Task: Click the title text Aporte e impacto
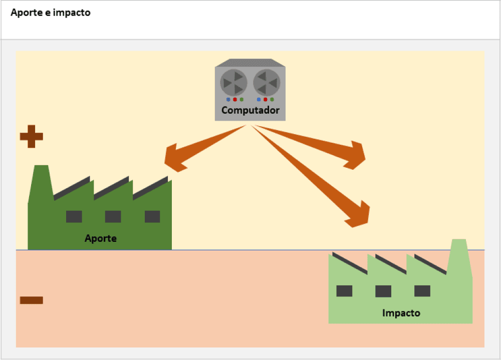coord(51,13)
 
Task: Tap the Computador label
coord(250,110)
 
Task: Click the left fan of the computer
coord(234,82)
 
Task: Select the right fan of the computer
coord(267,82)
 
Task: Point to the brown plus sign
coord(31,136)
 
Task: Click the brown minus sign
coord(31,300)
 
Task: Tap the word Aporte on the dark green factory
coord(101,238)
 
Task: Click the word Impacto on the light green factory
coord(401,313)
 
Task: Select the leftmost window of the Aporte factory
coord(74,217)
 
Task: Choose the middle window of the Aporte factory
coord(113,217)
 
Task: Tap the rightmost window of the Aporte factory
coord(152,217)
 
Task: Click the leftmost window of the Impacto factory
coord(344,291)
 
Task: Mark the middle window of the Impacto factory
coord(383,291)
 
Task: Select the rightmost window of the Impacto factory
coord(422,291)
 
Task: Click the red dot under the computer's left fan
coord(235,99)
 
